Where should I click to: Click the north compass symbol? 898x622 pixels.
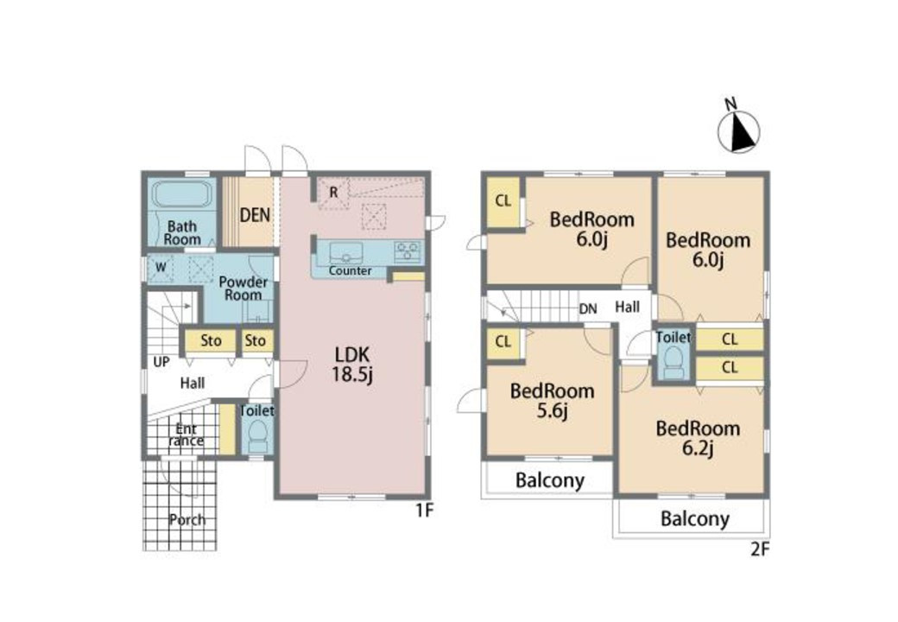(x=739, y=132)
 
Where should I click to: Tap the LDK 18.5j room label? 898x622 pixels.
(x=353, y=365)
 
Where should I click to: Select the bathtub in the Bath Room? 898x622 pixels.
(x=182, y=195)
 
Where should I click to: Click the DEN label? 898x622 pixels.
(x=255, y=215)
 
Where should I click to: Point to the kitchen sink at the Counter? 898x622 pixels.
(x=346, y=252)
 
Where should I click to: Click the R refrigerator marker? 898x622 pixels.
(x=333, y=194)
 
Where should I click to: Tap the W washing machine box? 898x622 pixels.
(x=161, y=268)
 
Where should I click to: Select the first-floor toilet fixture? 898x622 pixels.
(x=257, y=436)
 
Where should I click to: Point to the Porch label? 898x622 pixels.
(x=187, y=519)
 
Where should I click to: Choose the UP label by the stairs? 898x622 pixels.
(x=161, y=362)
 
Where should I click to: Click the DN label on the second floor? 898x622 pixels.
(x=588, y=309)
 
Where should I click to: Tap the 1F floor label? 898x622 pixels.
(x=424, y=510)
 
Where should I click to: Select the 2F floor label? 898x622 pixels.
(x=760, y=549)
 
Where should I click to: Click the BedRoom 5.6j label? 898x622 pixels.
(x=552, y=401)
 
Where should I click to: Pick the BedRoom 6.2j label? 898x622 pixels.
(x=698, y=438)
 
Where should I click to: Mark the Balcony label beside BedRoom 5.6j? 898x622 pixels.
(x=550, y=480)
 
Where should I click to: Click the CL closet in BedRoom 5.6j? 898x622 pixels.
(x=503, y=342)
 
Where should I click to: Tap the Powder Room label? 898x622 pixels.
(x=243, y=289)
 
